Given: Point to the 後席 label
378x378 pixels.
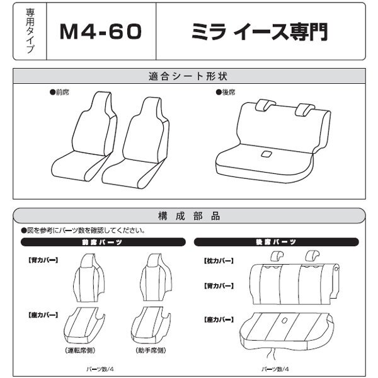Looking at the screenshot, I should [x=225, y=92].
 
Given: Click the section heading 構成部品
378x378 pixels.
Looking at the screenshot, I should [x=188, y=215].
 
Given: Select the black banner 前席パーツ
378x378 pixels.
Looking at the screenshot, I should [x=103, y=242].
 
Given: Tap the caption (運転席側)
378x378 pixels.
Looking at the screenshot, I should [x=85, y=349].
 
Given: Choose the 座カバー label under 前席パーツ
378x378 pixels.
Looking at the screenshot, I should [x=40, y=313].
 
